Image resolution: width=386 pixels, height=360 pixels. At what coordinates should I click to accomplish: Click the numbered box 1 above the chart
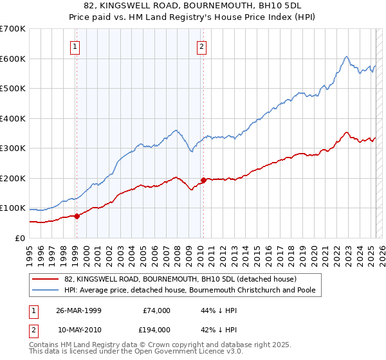coord(76,46)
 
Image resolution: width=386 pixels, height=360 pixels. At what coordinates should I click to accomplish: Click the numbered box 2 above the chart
coord(202,46)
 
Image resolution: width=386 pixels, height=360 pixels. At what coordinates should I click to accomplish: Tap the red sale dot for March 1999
coord(77,216)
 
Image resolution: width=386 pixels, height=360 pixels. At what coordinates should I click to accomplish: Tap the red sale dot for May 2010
coord(203,180)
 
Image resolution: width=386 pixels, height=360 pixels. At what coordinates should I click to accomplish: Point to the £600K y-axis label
coord(13,59)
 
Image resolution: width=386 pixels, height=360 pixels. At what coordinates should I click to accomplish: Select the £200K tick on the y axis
coord(13,178)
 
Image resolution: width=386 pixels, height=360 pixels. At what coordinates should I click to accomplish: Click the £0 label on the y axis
coord(21,238)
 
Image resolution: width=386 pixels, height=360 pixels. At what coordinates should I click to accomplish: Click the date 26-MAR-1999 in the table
coord(77,311)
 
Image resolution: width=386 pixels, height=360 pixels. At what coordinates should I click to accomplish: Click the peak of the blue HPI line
coord(346,57)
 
